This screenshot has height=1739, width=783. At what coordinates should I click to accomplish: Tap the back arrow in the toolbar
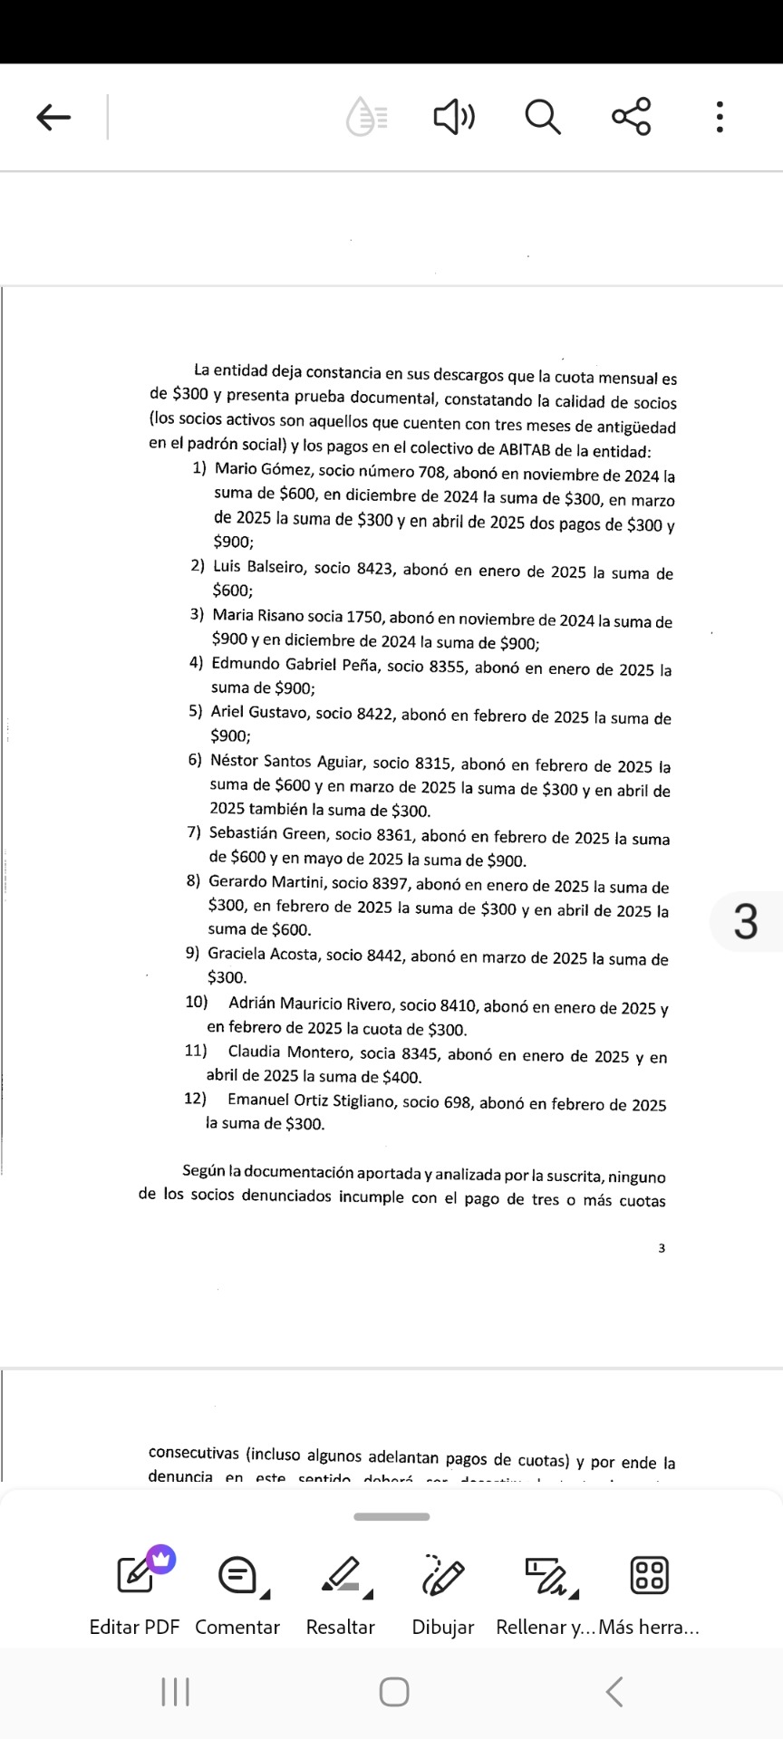click(x=53, y=117)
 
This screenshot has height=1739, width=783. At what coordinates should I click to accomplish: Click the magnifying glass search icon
click(x=542, y=117)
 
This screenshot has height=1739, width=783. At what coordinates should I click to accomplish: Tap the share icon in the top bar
click(x=631, y=117)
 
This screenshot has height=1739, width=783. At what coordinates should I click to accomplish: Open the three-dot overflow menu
click(x=720, y=117)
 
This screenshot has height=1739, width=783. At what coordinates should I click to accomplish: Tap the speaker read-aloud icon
click(x=454, y=117)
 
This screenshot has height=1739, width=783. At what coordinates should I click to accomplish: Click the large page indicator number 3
click(x=745, y=921)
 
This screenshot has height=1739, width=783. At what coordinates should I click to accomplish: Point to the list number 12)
click(x=195, y=1099)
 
